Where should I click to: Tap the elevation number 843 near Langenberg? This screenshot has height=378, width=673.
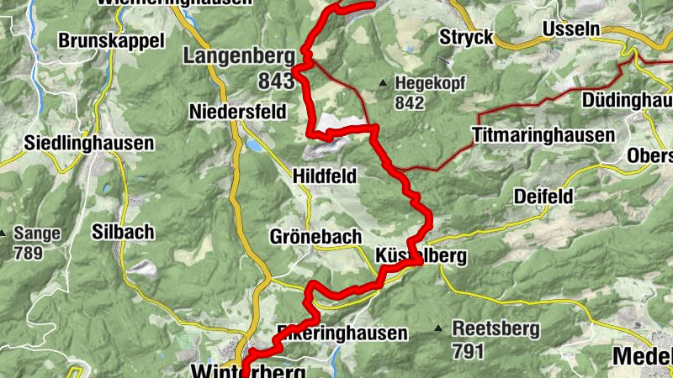pos(277,81)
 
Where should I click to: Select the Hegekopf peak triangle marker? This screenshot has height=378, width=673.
pos(383,83)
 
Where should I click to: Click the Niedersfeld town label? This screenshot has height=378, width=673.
pos(238,112)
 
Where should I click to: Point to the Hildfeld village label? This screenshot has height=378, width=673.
pos(325,176)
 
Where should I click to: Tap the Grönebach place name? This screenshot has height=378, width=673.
pos(315,236)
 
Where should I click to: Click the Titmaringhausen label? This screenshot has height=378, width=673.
pos(543,134)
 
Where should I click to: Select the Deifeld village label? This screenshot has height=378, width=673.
pos(543,197)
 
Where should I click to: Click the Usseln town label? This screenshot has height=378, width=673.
pos(572,29)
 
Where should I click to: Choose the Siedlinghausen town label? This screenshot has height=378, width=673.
pos(90,143)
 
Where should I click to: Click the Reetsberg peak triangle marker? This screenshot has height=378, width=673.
pos(438,328)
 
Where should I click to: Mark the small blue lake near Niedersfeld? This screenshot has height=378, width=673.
pos(253,145)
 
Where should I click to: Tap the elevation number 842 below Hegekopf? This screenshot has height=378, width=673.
pos(410,102)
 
